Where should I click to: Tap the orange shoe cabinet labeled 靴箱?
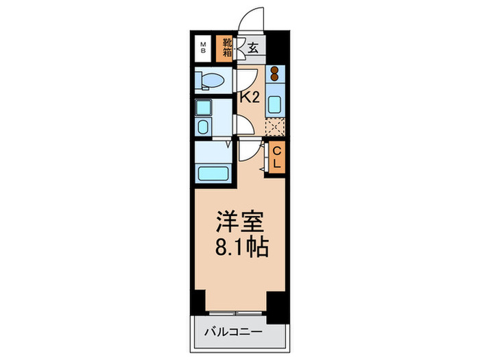[227, 47]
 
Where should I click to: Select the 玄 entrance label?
[252, 48]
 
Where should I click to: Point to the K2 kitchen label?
[248, 97]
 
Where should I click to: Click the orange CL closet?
[277, 158]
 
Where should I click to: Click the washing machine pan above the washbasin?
[204, 108]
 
